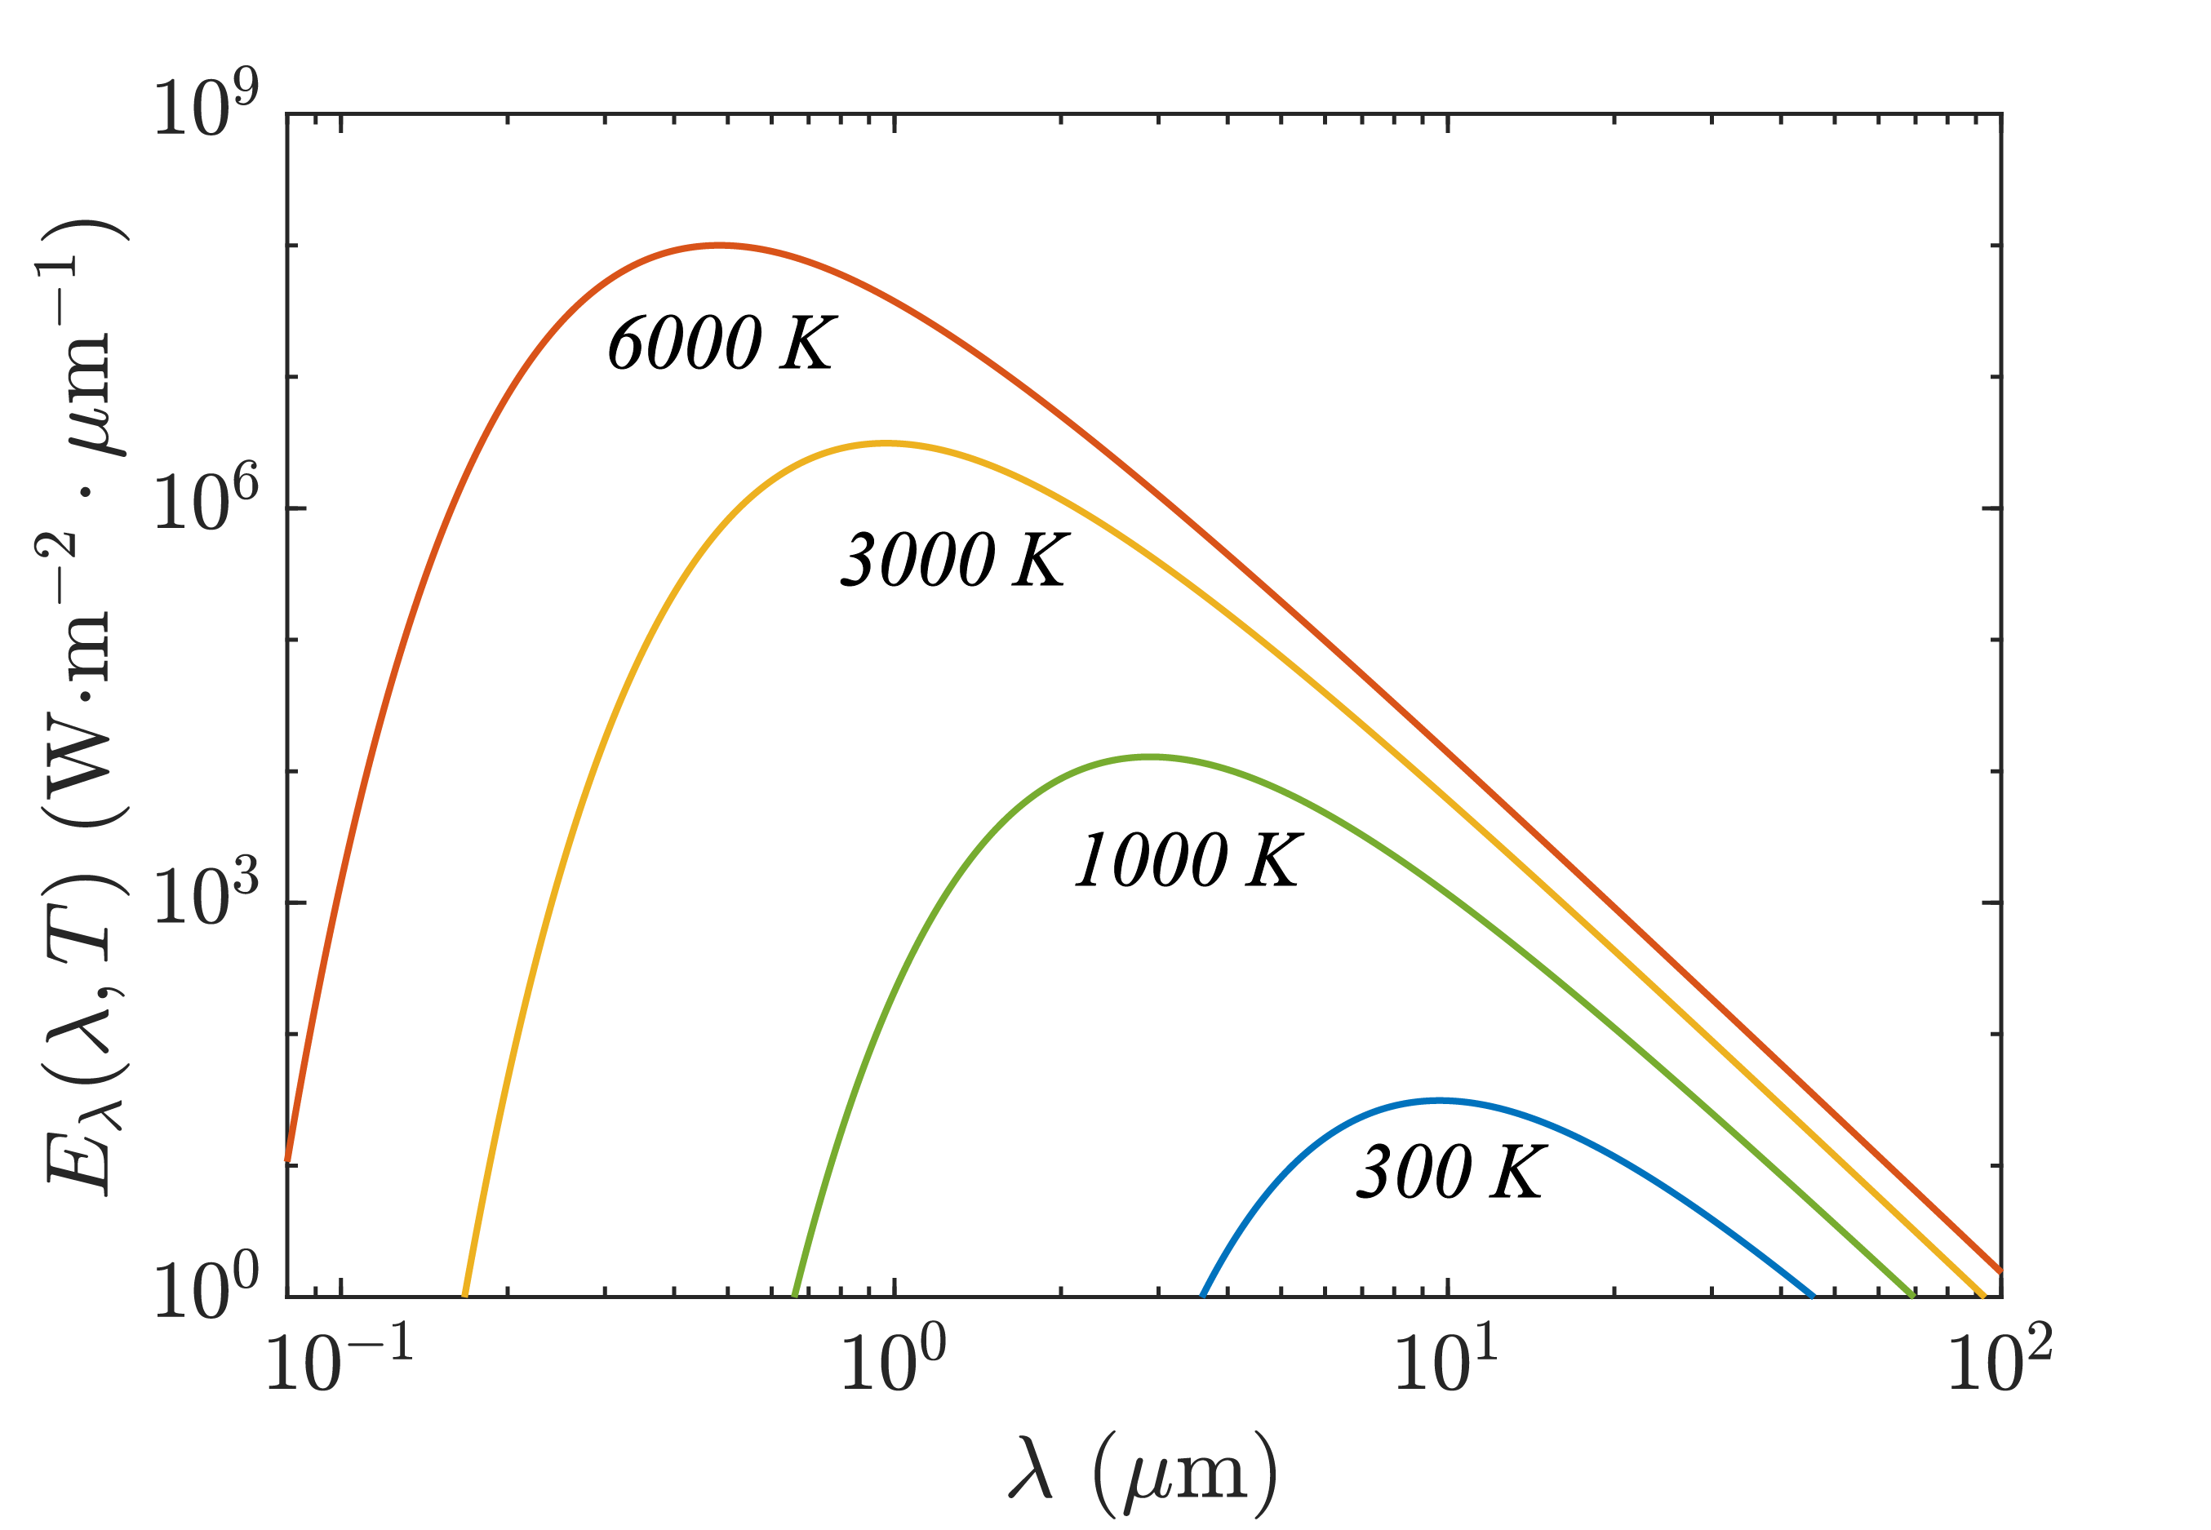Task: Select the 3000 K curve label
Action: pyautogui.click(x=955, y=560)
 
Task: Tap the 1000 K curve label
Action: pyautogui.click(x=1187, y=860)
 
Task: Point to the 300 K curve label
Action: pyautogui.click(x=1450, y=1172)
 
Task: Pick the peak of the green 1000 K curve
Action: pyautogui.click(x=1148, y=757)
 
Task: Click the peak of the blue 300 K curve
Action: pyautogui.click(x=1438, y=1101)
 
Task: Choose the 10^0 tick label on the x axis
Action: pyautogui.click(x=893, y=1361)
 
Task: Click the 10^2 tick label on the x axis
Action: pyautogui.click(x=1999, y=1361)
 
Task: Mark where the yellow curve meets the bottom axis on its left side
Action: pyautogui.click(x=465, y=1296)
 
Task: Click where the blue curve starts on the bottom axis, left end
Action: pyautogui.click(x=1202, y=1296)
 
